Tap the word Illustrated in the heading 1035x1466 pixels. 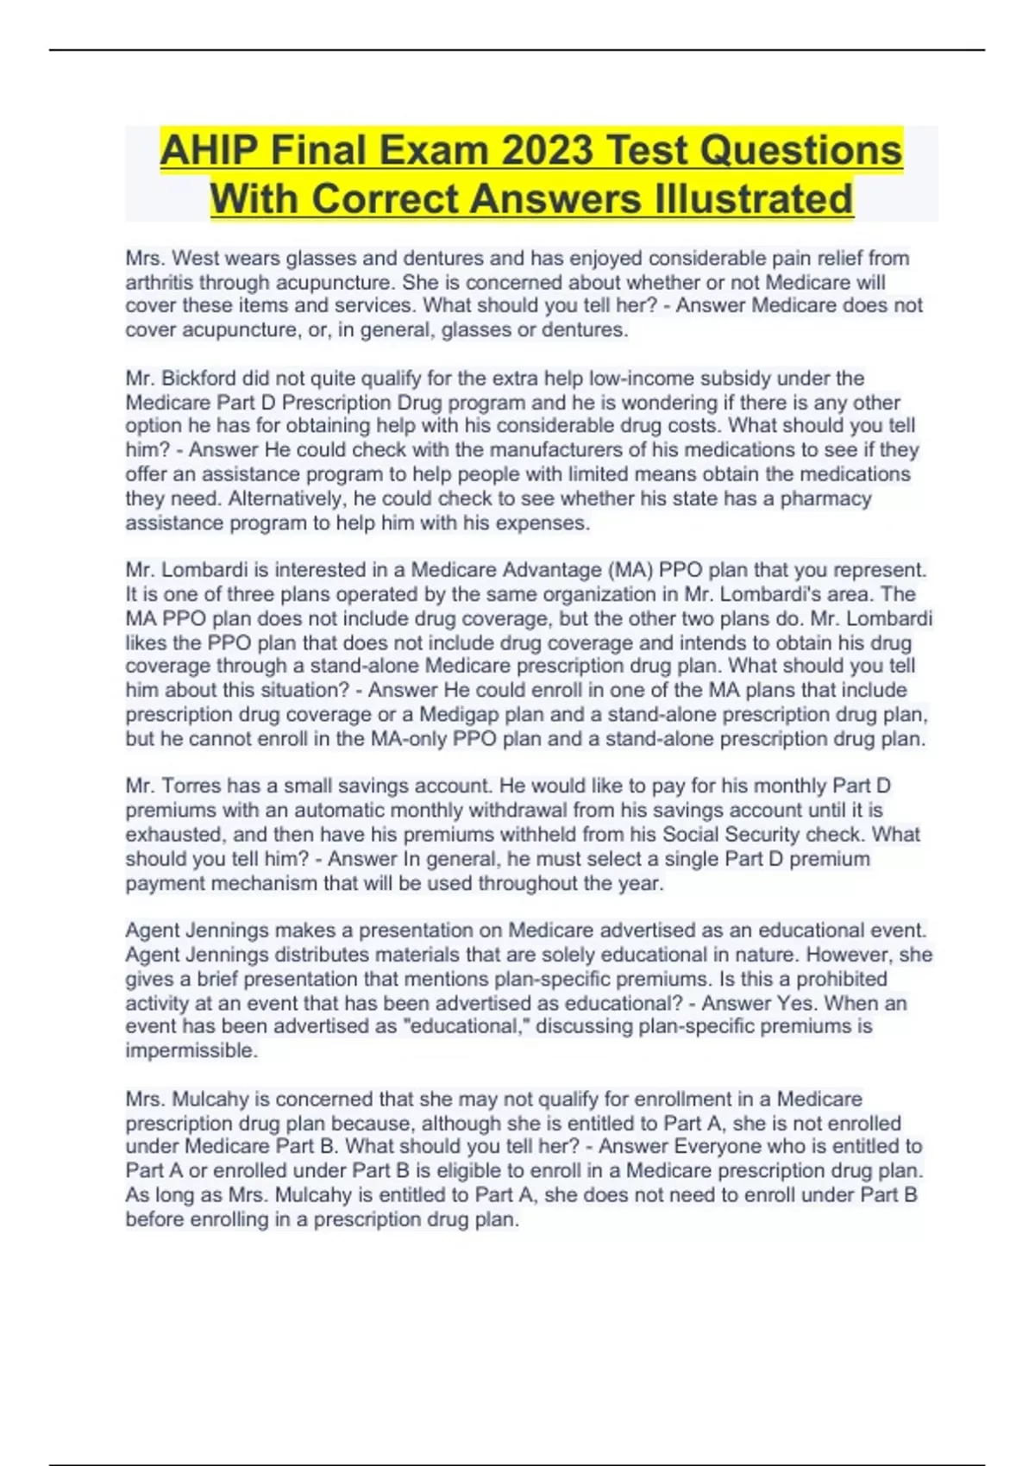(755, 199)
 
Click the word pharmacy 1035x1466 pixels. (825, 499)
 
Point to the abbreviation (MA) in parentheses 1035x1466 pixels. (633, 570)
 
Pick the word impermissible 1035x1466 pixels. (191, 1051)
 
